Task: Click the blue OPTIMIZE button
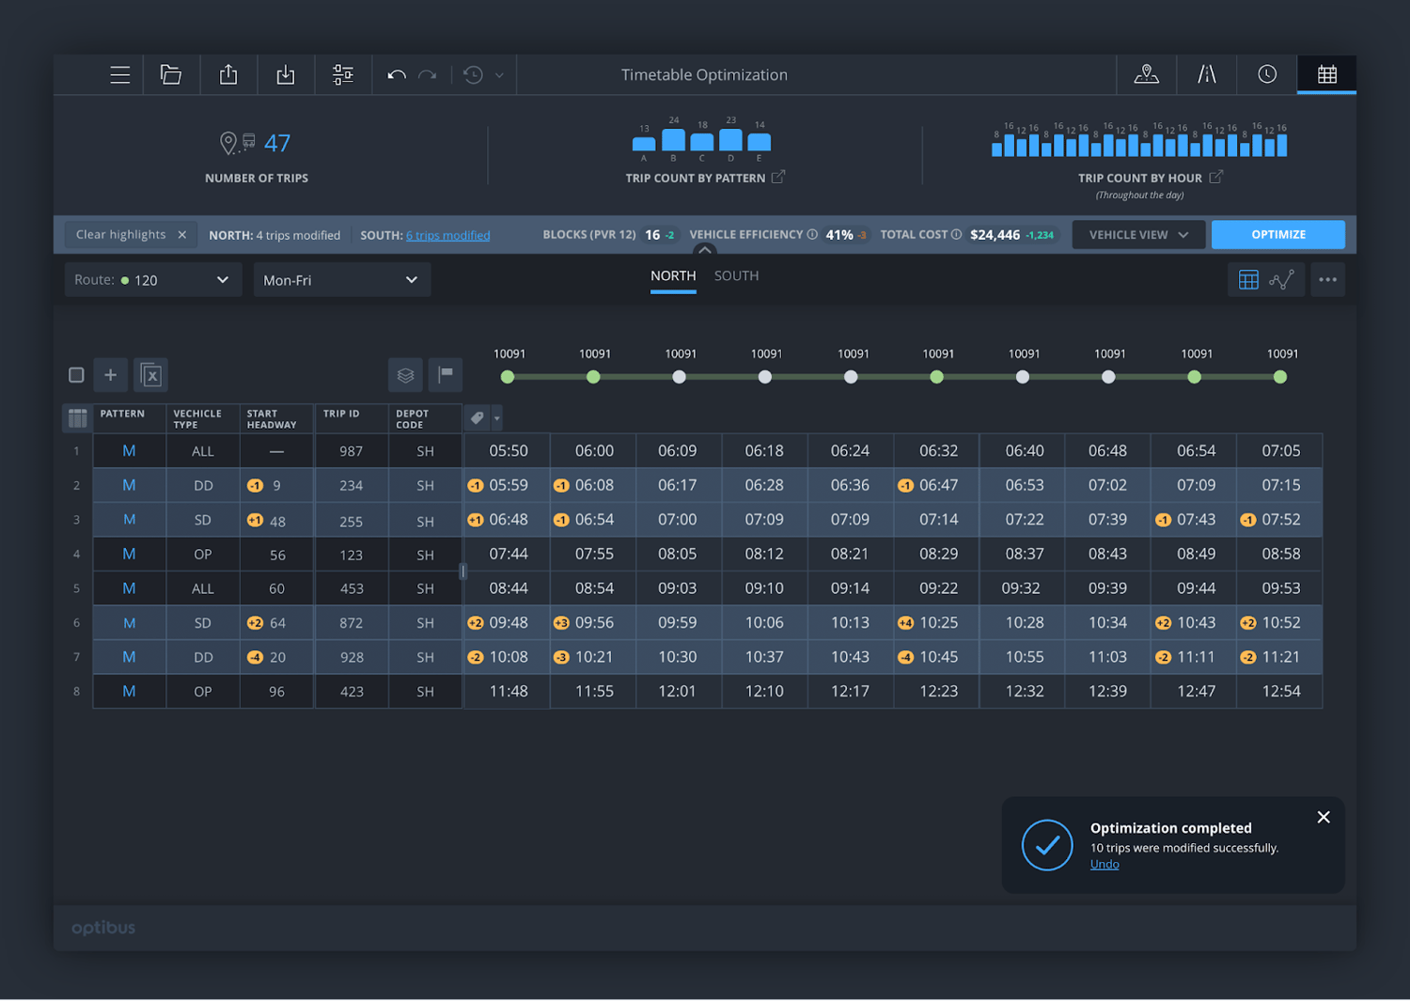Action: [x=1277, y=235]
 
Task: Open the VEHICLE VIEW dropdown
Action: [x=1138, y=235]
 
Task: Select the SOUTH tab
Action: [x=736, y=276]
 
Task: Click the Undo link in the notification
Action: [x=1104, y=865]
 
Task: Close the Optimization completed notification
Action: [x=1324, y=818]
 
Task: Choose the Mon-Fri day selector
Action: [x=341, y=280]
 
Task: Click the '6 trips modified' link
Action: [x=447, y=236]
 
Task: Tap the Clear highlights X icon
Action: [x=182, y=235]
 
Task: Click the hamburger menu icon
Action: [x=119, y=75]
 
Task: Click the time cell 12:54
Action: [x=1280, y=692]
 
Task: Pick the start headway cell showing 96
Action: [x=276, y=692]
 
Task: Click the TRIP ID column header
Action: [x=341, y=414]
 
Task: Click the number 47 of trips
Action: [x=277, y=144]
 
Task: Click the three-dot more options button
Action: [x=1327, y=280]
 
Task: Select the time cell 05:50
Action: [x=508, y=451]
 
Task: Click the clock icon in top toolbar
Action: [x=1267, y=75]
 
